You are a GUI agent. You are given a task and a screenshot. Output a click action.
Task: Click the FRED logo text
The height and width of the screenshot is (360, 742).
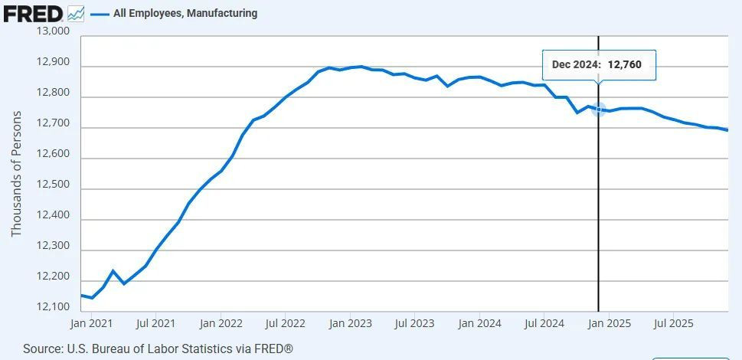pos(33,13)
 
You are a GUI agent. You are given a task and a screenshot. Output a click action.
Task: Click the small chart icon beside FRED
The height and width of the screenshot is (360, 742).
pos(76,13)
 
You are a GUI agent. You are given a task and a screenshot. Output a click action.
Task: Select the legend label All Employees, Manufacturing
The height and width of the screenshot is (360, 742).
pos(185,13)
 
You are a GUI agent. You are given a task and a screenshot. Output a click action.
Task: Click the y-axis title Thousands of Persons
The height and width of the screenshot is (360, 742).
pos(16,174)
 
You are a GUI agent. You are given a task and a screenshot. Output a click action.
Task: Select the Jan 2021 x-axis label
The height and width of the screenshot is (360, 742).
pos(91,323)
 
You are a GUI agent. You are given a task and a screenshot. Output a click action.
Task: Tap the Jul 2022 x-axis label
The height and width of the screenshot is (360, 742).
pos(285,323)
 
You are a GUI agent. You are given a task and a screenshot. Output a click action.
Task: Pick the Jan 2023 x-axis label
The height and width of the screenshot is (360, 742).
pos(350,323)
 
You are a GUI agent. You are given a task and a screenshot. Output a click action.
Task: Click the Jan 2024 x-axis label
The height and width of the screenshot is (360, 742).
pos(479,323)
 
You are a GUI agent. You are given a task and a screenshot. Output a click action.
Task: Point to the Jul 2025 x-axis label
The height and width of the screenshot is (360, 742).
pos(672,323)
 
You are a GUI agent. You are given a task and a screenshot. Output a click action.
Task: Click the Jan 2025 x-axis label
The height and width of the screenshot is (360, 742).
pos(609,323)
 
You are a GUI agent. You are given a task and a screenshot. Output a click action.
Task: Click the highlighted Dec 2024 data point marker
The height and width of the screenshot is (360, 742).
pos(598,110)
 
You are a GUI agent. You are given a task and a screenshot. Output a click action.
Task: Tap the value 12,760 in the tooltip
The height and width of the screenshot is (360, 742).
pos(625,65)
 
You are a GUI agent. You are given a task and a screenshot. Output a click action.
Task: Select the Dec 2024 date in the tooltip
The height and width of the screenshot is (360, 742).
pos(576,65)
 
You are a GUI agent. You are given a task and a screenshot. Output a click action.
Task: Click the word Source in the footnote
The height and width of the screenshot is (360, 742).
pos(42,349)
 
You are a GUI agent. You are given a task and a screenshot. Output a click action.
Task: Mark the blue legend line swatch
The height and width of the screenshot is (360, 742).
pos(99,13)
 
